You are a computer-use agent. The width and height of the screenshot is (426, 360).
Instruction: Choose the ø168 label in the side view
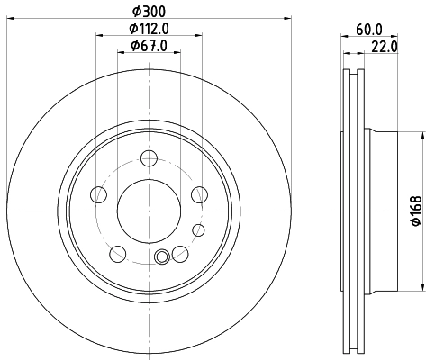(416, 210)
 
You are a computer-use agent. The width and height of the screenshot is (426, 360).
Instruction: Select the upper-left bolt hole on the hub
(100, 194)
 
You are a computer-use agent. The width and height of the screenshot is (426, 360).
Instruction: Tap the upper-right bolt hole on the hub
(198, 194)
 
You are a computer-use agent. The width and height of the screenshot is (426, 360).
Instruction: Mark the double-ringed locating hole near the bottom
(162, 258)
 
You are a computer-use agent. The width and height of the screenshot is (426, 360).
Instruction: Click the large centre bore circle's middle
(149, 210)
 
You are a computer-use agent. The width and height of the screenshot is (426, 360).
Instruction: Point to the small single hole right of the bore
(198, 194)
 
